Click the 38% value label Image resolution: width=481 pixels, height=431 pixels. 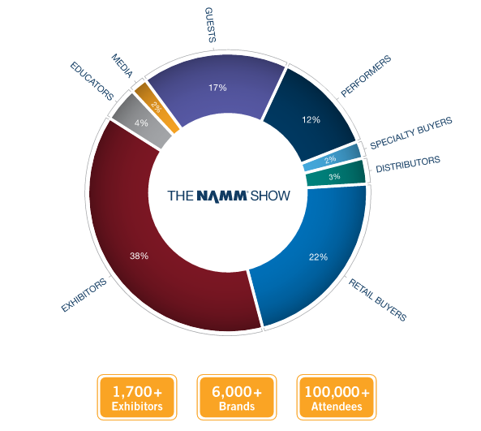point(139,256)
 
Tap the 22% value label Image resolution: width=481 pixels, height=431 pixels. point(317,257)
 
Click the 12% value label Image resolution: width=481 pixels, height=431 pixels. point(311,120)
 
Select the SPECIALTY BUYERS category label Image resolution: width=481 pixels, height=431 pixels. point(410,135)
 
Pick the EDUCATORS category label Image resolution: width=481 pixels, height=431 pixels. point(92,80)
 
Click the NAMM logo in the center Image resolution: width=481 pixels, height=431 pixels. point(228,195)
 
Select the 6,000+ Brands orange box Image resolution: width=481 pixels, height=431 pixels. point(237,398)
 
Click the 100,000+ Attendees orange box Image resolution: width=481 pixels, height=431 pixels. point(336,398)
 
